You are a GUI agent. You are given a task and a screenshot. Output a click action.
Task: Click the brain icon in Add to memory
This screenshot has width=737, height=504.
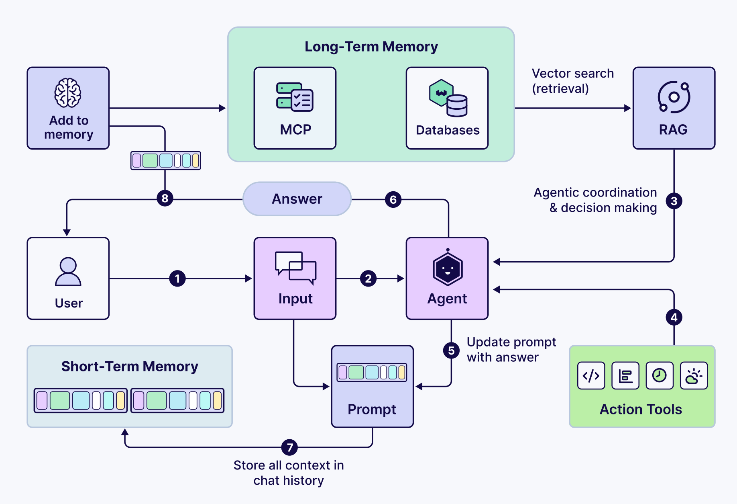(x=68, y=93)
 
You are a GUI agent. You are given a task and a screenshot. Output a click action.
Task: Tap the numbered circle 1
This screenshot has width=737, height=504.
(x=177, y=279)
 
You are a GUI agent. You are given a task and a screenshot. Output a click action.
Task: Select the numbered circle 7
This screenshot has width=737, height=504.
(x=289, y=447)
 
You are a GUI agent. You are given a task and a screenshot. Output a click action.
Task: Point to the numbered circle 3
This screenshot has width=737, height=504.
(x=674, y=201)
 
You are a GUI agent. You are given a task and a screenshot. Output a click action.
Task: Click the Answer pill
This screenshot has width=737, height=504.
(x=297, y=199)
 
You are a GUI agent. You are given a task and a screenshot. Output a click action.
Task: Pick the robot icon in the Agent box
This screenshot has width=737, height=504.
(x=448, y=268)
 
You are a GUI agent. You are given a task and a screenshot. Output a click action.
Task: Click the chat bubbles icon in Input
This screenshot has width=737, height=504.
(x=295, y=268)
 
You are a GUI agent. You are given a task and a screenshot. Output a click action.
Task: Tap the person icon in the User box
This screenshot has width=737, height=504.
(x=68, y=272)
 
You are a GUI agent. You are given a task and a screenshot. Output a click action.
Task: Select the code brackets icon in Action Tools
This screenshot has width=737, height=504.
(x=591, y=376)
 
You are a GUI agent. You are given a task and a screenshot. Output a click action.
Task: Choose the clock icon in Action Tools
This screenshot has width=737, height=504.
(x=659, y=376)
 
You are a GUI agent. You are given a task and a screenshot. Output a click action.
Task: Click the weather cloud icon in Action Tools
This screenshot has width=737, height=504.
(x=694, y=376)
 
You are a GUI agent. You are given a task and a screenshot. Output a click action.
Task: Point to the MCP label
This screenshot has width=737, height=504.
(x=295, y=130)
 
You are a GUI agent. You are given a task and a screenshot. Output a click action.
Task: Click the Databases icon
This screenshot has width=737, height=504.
(x=448, y=98)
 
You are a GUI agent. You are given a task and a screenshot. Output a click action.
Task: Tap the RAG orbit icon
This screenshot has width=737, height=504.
(x=674, y=97)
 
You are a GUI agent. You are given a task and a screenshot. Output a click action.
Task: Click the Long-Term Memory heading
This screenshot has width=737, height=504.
(x=371, y=47)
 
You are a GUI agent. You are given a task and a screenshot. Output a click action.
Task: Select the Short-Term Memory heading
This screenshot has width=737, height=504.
(x=130, y=367)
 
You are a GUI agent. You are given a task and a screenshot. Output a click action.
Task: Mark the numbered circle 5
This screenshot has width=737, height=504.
(x=451, y=350)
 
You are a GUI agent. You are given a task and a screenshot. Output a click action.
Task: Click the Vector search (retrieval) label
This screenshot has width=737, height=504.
(x=572, y=81)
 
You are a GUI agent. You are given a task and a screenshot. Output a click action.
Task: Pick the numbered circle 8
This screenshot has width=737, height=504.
(x=165, y=199)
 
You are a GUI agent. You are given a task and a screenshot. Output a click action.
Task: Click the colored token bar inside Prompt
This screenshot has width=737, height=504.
(x=372, y=372)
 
